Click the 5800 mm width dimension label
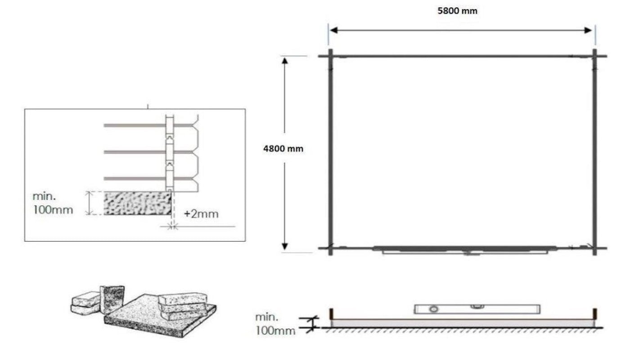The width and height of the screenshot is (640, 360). pos(457,11)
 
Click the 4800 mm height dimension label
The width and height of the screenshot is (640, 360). pos(283,149)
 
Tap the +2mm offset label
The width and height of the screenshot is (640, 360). pos(201,214)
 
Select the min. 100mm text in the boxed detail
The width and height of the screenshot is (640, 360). pos(53,203)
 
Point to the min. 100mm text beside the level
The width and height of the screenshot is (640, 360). pos(275,324)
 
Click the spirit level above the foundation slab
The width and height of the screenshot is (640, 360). pos(477,309)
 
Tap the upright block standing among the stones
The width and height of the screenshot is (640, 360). pos(112,298)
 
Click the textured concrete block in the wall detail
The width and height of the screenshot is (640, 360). pos(138,203)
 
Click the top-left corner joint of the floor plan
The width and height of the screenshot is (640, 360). pos(330,56)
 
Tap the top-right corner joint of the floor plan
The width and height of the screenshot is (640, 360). pos(595,56)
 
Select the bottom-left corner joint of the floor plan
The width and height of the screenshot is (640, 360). pos(330,248)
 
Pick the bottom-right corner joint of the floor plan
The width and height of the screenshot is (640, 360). pos(595,248)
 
